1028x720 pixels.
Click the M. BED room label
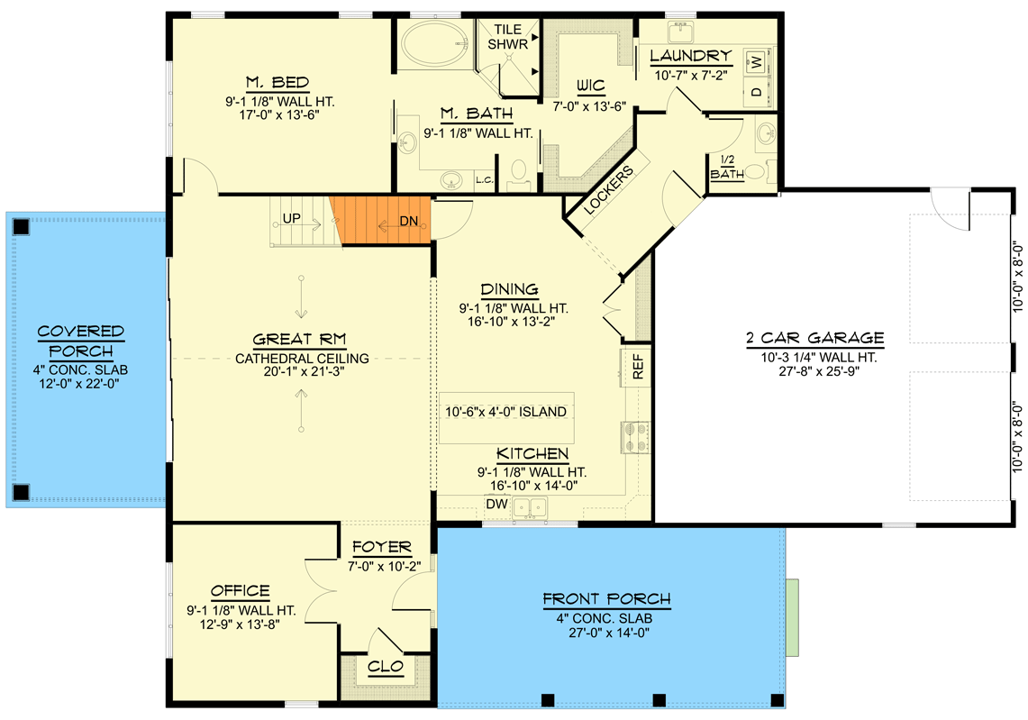coord(277,83)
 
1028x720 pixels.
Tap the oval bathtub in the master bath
coord(435,44)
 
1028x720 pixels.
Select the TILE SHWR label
coord(508,37)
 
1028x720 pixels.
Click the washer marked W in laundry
coord(757,62)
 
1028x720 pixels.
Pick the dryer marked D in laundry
coord(757,91)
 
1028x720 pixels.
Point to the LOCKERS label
coord(608,190)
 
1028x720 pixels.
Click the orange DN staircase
coord(379,221)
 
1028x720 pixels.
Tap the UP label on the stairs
coord(292,218)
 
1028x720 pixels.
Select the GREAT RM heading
coord(300,340)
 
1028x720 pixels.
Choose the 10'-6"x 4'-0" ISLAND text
coord(506,412)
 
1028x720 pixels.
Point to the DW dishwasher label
coord(497,504)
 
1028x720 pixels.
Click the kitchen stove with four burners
coord(634,437)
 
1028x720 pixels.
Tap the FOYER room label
coord(382,547)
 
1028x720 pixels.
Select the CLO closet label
coord(386,667)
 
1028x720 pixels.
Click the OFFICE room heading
coord(240,591)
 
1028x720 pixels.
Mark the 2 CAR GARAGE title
coord(815,338)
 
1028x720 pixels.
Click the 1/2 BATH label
coord(727,168)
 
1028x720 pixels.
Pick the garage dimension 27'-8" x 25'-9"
coord(819,371)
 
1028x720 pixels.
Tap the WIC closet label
coord(591,86)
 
